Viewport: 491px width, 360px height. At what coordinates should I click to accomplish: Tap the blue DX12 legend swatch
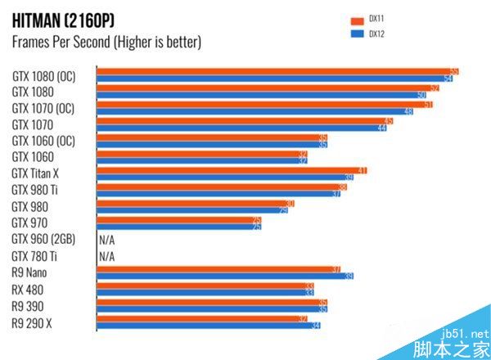[356, 34]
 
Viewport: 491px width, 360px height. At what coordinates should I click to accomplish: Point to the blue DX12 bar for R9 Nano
[225, 276]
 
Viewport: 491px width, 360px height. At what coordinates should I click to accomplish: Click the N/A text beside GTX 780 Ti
[106, 257]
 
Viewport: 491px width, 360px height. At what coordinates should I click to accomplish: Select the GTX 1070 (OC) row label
[43, 108]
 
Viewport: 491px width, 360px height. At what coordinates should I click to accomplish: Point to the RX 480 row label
[29, 290]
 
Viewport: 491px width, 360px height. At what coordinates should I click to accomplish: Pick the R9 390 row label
[29, 306]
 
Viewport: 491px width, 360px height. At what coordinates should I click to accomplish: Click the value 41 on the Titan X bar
[362, 170]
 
